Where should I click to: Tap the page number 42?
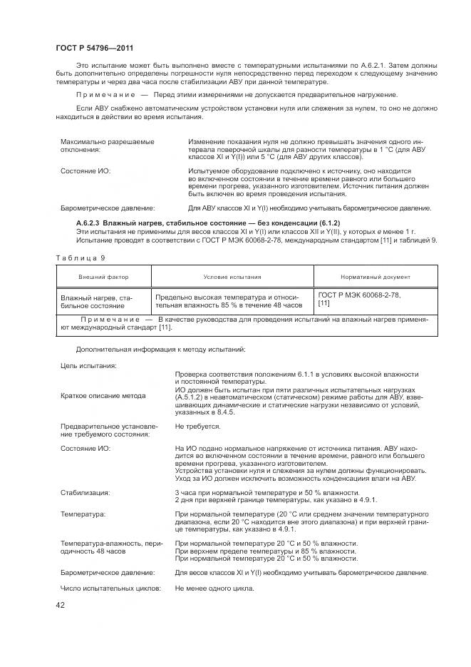(61, 605)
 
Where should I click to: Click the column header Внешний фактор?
(103, 277)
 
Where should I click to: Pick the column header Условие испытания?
(232, 277)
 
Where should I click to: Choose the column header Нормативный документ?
(376, 277)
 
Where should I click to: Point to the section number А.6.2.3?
(91, 224)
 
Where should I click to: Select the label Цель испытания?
(89, 365)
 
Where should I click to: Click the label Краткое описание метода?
(103, 395)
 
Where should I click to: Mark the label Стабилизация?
(86, 492)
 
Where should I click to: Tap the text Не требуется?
(198, 426)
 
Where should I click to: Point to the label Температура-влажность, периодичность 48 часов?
(107, 548)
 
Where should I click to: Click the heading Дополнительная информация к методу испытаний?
(160, 350)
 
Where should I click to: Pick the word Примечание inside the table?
(110, 320)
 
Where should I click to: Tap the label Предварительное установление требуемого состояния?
(105, 430)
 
